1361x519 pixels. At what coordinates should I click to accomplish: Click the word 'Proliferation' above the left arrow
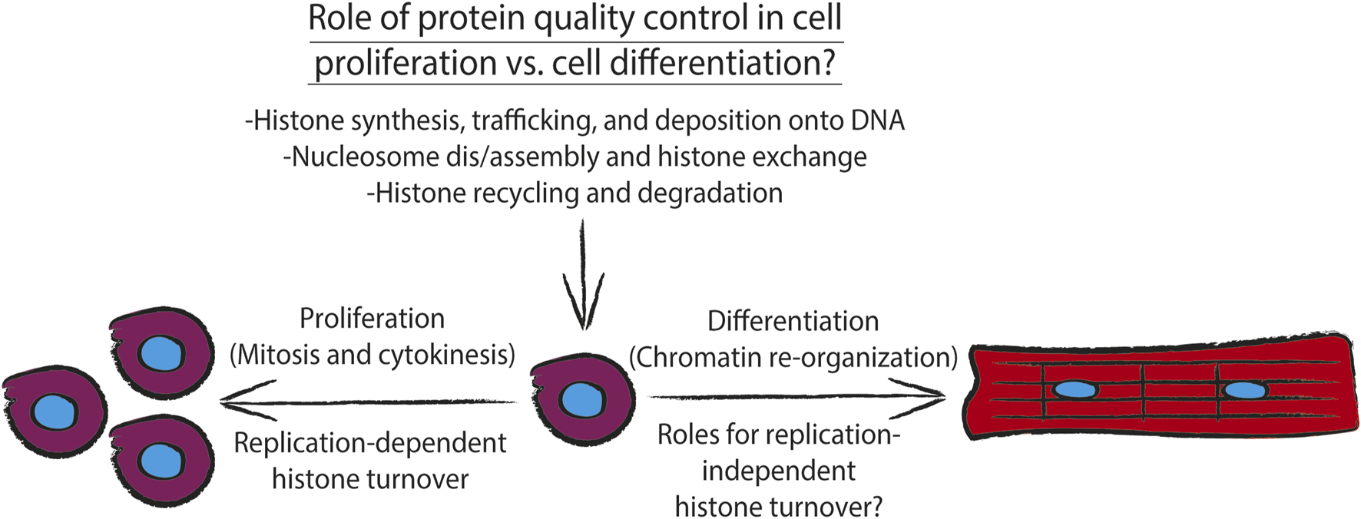pyautogui.click(x=372, y=319)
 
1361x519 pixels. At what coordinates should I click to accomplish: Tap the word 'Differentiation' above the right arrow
pyautogui.click(x=793, y=321)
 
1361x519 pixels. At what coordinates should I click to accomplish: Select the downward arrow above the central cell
pyautogui.click(x=584, y=276)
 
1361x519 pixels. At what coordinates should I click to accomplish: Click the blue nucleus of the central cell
pyautogui.click(x=583, y=399)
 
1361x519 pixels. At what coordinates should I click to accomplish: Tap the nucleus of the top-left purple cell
pyautogui.click(x=161, y=354)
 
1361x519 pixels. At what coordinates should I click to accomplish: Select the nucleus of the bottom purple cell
pyautogui.click(x=161, y=461)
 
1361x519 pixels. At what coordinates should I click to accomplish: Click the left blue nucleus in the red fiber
pyautogui.click(x=1075, y=389)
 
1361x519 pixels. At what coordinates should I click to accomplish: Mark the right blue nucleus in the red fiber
pyautogui.click(x=1244, y=390)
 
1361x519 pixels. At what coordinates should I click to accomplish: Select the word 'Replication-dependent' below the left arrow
pyautogui.click(x=370, y=444)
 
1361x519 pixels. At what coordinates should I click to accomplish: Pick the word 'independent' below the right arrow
pyautogui.click(x=778, y=471)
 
